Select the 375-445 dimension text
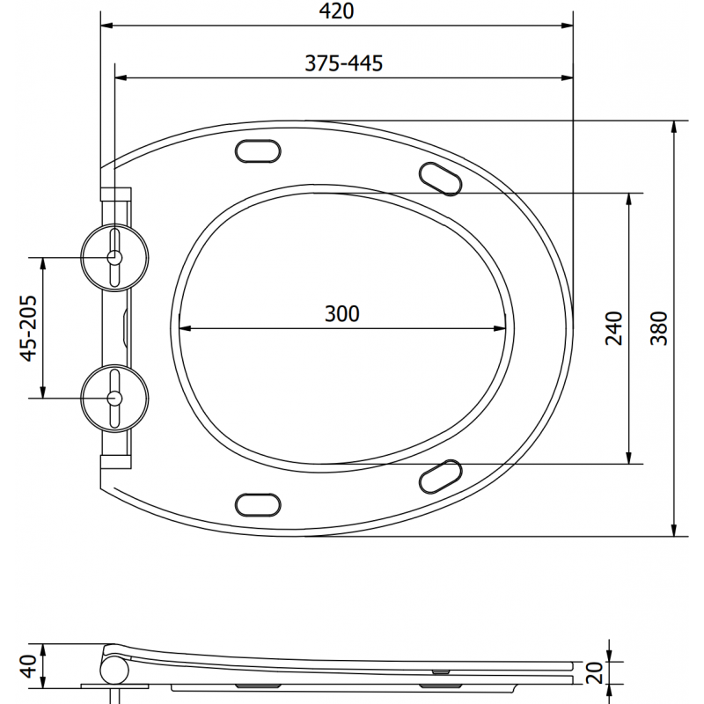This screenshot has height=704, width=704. [x=342, y=63]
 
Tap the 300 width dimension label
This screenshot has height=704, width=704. [x=342, y=313]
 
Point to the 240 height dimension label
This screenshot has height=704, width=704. [x=614, y=327]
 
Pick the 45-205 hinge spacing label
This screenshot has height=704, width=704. [x=29, y=327]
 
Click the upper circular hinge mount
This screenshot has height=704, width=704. [x=114, y=257]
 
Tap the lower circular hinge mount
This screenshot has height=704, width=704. [x=114, y=398]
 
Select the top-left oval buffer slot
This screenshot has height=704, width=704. [x=257, y=151]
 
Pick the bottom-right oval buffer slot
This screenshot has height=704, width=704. [x=439, y=476]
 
